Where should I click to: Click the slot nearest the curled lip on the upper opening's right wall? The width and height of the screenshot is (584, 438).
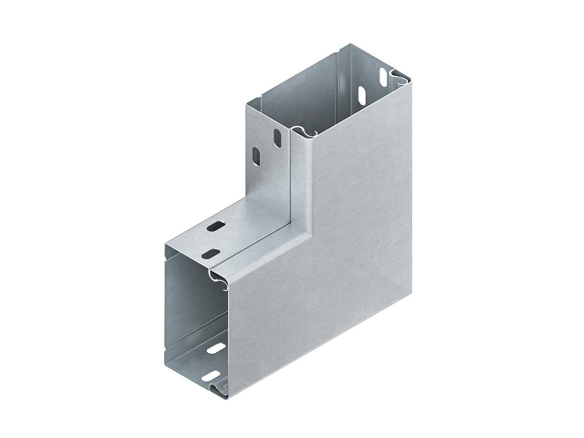382,77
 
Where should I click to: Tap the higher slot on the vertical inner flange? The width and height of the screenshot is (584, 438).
277,137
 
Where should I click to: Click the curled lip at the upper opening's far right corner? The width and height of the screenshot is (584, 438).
400,78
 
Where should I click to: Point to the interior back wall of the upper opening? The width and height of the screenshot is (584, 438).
301,87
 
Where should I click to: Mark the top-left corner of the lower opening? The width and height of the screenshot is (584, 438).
166,244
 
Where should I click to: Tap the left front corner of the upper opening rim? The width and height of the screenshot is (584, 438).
247,104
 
